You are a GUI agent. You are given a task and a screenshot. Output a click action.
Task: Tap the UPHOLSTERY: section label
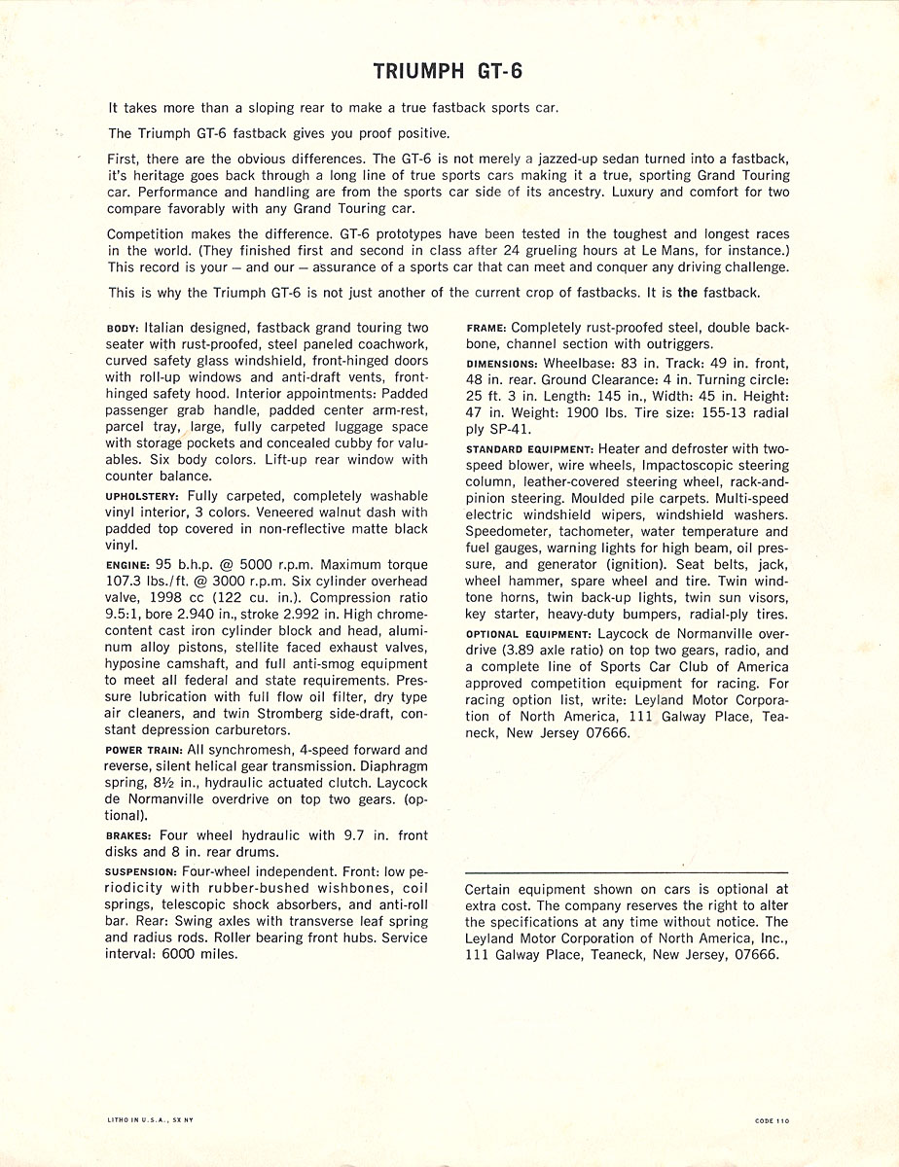pyautogui.click(x=141, y=495)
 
